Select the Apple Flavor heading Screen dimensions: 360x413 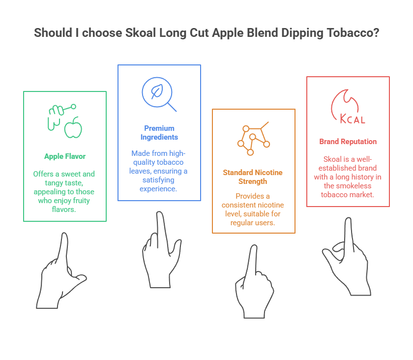click(65, 156)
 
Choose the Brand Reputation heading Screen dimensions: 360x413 click(348, 142)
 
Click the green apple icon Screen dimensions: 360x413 click(73, 127)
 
